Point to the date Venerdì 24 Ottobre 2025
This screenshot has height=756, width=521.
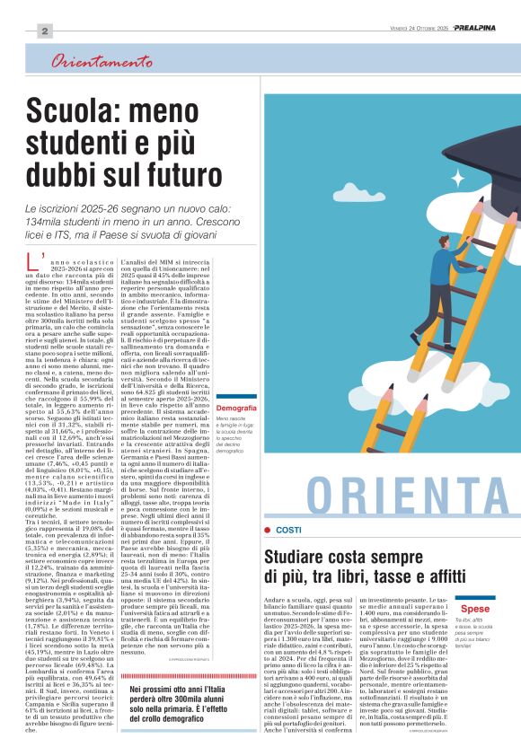point(413,29)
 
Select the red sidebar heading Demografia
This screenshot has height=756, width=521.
point(236,409)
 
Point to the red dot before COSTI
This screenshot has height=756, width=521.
point(268,531)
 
